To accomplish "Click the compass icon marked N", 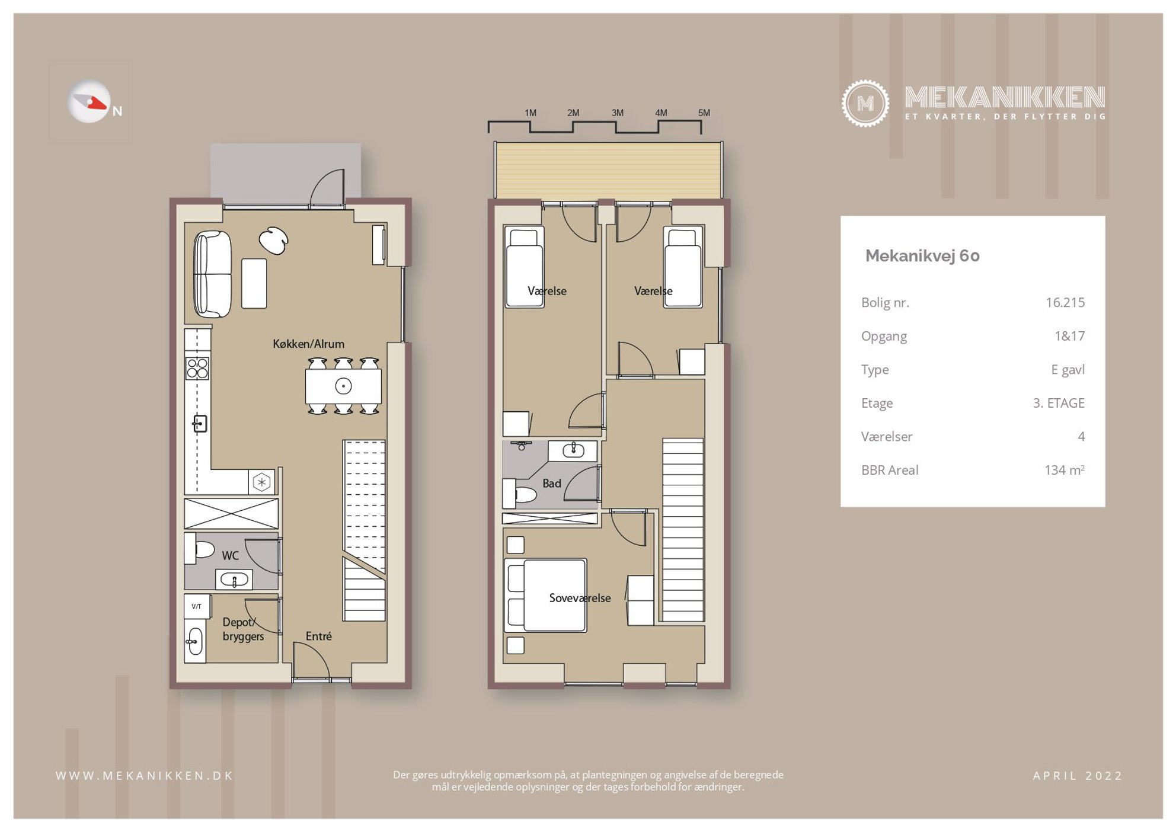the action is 90,102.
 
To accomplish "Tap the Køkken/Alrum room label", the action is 308,344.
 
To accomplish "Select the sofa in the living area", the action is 212,274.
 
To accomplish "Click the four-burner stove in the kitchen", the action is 197,368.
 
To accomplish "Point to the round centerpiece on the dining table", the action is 343,386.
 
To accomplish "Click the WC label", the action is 230,556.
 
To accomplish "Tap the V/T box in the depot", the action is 196,606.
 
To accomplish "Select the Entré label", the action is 318,636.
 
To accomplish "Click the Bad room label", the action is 551,484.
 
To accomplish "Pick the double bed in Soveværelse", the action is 545,595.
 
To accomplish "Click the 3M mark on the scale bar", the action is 617,113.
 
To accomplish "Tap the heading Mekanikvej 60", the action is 922,255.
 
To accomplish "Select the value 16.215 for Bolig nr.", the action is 1065,302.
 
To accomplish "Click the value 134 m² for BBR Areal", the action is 1064,470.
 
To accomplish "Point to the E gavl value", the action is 1068,370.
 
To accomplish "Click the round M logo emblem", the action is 865,104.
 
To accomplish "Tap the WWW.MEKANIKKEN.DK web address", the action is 145,776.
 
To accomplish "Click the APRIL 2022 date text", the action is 1078,776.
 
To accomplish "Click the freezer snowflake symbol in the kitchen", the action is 261,482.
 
